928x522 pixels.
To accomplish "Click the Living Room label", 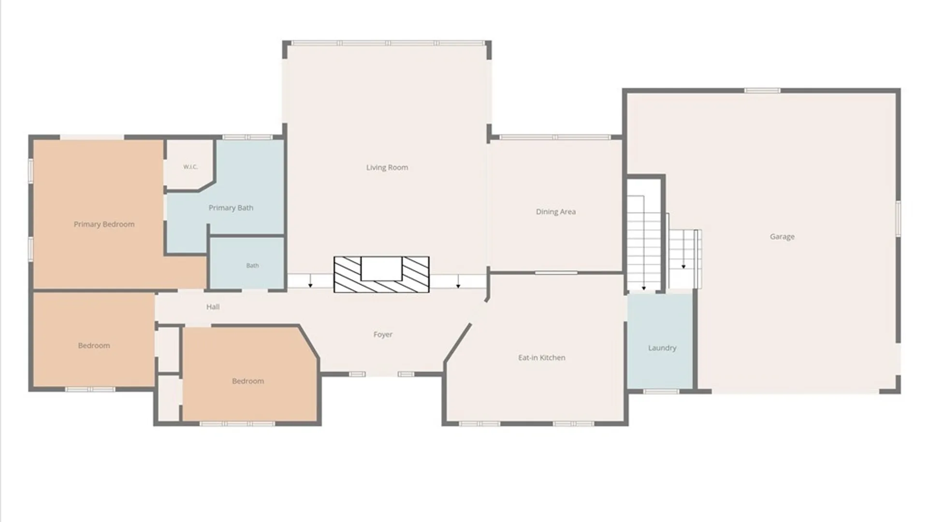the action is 387,168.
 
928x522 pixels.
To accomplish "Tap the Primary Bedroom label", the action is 104,224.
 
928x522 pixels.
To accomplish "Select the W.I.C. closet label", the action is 190,167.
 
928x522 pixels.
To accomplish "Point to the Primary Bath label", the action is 231,208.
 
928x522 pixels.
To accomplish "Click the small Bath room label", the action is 252,265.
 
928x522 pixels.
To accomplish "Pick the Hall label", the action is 213,307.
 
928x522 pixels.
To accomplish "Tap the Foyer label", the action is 383,334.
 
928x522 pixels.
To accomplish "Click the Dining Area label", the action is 556,212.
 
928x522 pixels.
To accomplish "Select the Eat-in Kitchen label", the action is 542,358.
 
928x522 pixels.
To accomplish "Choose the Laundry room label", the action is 662,348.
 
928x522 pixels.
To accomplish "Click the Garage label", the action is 782,237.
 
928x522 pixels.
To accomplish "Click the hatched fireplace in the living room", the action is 381,274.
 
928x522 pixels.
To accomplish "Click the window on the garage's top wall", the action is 762,90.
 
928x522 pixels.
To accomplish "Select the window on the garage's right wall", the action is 899,219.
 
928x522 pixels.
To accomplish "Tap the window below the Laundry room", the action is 661,391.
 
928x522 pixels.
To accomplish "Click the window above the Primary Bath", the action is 247,137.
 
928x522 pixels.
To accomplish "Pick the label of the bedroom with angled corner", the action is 248,381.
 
